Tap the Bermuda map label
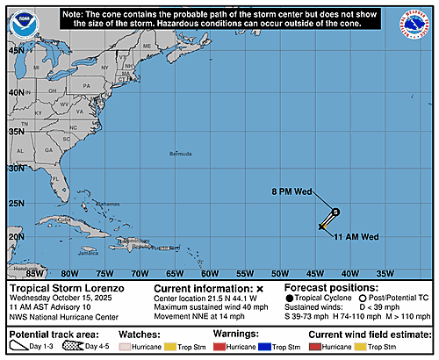[180, 153]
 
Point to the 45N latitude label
[17, 50]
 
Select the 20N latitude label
[17, 236]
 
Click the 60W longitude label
[210, 273]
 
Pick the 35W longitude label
[385, 273]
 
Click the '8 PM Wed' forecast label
[288, 191]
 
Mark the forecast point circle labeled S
[335, 211]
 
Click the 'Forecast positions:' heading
[328, 288]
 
